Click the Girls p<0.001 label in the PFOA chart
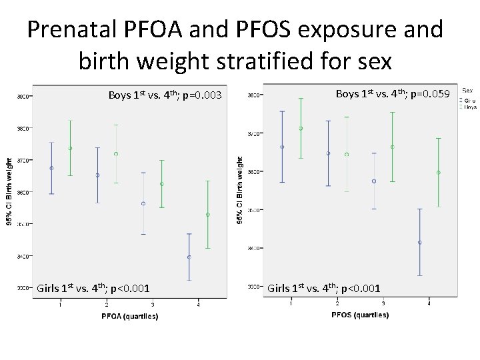click(x=93, y=289)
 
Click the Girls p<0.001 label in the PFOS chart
click(x=323, y=289)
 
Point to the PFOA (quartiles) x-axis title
click(x=130, y=316)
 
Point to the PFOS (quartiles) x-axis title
click(x=360, y=315)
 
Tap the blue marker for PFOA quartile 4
click(x=189, y=257)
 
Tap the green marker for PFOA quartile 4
click(x=208, y=215)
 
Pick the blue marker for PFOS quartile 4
click(x=419, y=243)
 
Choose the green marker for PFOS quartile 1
click(x=301, y=129)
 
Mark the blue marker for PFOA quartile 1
click(x=51, y=168)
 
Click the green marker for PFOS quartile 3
click(x=393, y=147)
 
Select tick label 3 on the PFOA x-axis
click(x=153, y=305)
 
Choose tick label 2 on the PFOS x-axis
click(x=337, y=304)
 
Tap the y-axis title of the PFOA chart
click(x=9, y=191)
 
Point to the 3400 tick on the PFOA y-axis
click(x=23, y=256)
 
